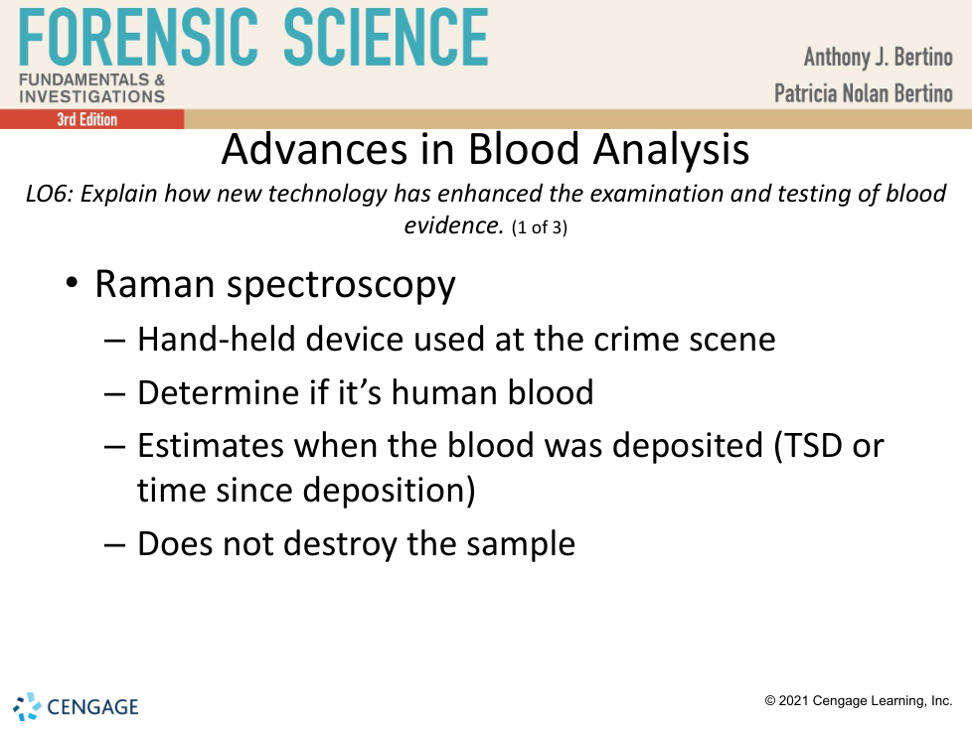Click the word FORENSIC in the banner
(x=137, y=37)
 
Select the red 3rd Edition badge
(x=91, y=119)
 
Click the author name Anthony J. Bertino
(x=878, y=57)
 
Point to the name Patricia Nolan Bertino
(x=863, y=93)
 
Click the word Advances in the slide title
(x=314, y=149)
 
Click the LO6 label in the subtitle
(x=50, y=194)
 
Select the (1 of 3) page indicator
(x=540, y=227)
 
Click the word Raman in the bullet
(x=154, y=285)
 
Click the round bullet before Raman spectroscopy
(x=72, y=283)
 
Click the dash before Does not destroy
(x=115, y=545)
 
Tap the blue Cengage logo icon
(x=27, y=707)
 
